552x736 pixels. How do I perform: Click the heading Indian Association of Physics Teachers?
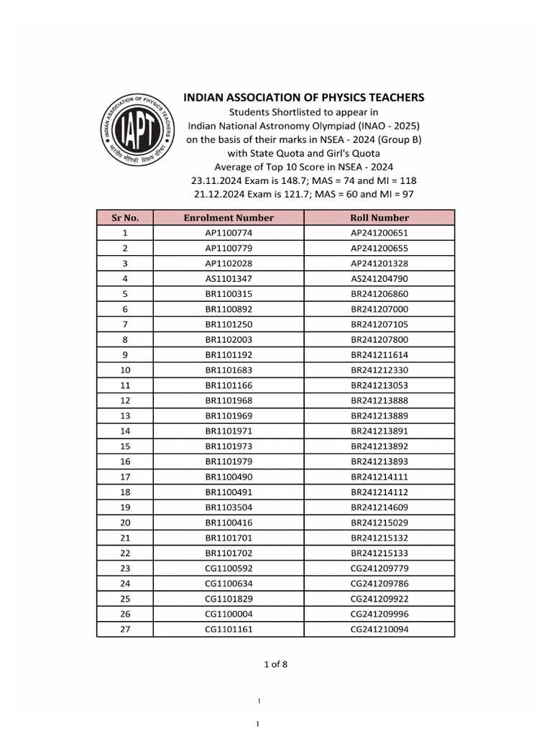[x=304, y=97]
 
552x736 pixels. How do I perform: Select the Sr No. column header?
[x=125, y=218]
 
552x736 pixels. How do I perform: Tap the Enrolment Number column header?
[x=229, y=218]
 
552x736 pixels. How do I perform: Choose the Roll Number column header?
[x=379, y=218]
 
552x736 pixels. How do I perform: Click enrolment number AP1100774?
[x=229, y=233]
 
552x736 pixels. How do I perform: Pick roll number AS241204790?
[x=379, y=279]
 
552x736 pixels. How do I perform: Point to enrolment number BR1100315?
[x=229, y=294]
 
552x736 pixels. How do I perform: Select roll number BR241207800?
[x=379, y=340]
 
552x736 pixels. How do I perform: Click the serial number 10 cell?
[x=125, y=370]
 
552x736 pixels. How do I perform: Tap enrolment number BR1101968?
[x=229, y=400]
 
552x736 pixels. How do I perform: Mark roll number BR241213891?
[x=379, y=431]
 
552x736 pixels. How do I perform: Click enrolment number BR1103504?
[x=229, y=507]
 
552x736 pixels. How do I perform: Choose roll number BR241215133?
[x=379, y=553]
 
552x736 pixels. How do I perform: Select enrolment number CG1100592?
[x=229, y=569]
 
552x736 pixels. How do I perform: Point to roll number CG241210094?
[x=379, y=630]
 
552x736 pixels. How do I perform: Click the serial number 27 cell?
[x=125, y=630]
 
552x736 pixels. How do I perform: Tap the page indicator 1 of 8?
[x=275, y=664]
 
